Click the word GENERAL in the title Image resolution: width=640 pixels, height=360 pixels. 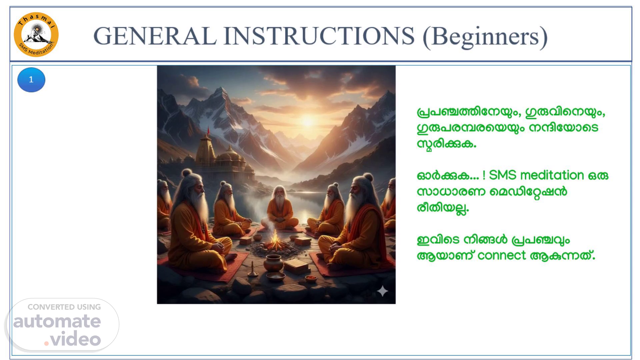coord(155,36)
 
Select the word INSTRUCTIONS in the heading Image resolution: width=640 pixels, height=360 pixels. coord(319,36)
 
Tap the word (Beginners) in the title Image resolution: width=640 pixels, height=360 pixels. coord(485,37)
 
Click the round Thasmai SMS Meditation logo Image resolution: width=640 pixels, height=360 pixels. coord(36,35)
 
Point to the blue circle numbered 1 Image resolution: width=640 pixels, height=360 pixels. coord(31,80)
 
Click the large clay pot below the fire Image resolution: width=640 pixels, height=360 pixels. coord(273,263)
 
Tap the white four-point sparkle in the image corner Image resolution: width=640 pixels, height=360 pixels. coord(382,291)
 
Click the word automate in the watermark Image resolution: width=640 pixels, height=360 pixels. coord(57,321)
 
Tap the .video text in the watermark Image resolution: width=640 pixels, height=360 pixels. coord(73,339)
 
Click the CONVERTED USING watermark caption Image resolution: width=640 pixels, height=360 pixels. coord(64,307)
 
